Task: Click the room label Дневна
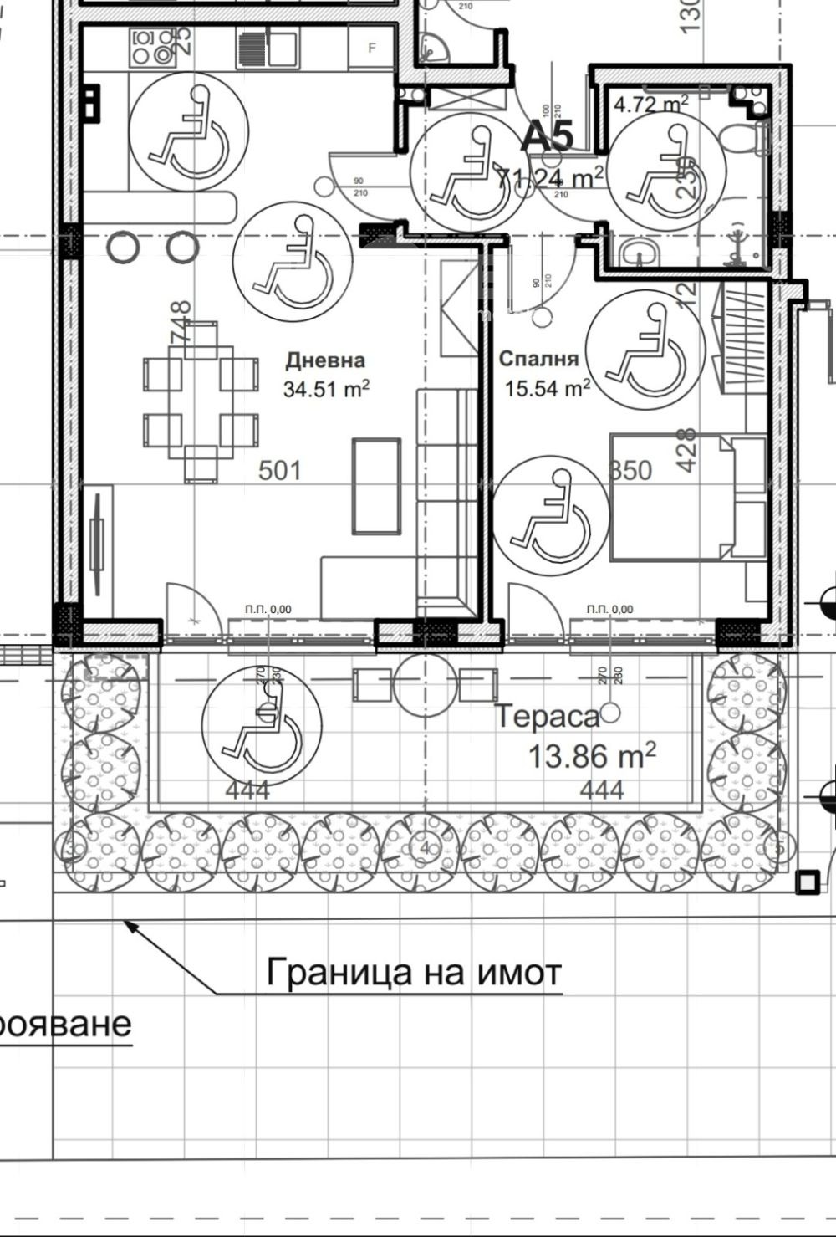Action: [x=325, y=360]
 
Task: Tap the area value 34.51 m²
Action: [x=326, y=389]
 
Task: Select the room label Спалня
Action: [x=538, y=359]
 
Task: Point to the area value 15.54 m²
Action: [x=548, y=388]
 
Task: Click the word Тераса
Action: [x=547, y=717]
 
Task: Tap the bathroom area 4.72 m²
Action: [x=651, y=104]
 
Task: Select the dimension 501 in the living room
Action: [x=279, y=470]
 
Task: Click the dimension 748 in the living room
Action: [x=181, y=322]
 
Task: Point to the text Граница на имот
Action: [x=414, y=973]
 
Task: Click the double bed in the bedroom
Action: [x=687, y=497]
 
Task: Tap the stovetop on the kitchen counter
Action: [x=151, y=47]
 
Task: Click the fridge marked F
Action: [x=373, y=49]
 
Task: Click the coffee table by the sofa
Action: [x=375, y=485]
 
